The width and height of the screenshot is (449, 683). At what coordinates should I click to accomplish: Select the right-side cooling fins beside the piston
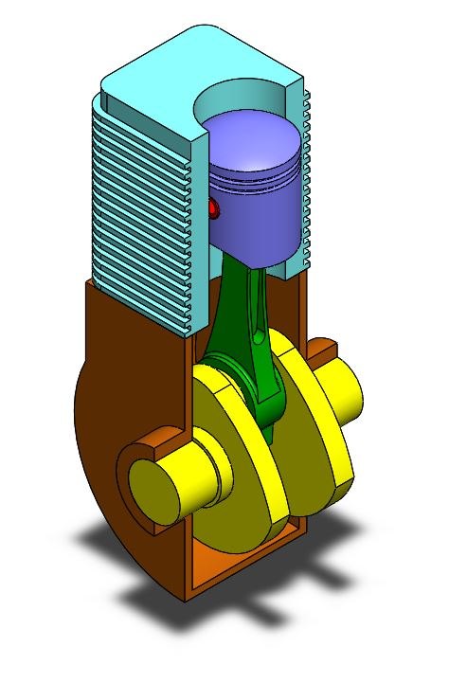pyautogui.click(x=306, y=180)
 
